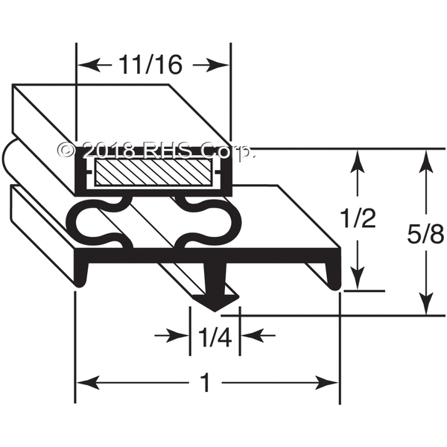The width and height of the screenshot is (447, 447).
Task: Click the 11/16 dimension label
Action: click(x=150, y=64)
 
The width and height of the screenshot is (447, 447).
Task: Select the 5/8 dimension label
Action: click(x=426, y=235)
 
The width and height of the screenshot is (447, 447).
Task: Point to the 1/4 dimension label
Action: click(x=215, y=337)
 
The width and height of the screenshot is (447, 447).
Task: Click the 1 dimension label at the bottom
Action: click(x=206, y=383)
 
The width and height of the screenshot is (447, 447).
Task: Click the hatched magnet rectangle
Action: click(x=153, y=172)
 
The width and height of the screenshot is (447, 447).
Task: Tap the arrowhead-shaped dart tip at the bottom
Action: click(x=216, y=302)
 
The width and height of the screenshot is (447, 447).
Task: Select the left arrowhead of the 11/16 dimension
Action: click(x=89, y=65)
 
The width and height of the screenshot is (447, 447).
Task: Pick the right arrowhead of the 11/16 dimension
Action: click(x=218, y=66)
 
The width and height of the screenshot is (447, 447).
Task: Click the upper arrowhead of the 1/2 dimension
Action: click(x=358, y=162)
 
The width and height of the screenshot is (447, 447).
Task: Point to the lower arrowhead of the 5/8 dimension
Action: click(x=426, y=302)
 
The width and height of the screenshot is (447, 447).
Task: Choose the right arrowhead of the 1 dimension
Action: click(x=327, y=383)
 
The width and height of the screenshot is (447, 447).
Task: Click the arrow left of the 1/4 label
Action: click(x=171, y=335)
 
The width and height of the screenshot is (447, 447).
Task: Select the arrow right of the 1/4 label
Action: click(x=258, y=335)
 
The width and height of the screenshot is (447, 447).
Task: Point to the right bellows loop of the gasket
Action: click(x=206, y=222)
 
